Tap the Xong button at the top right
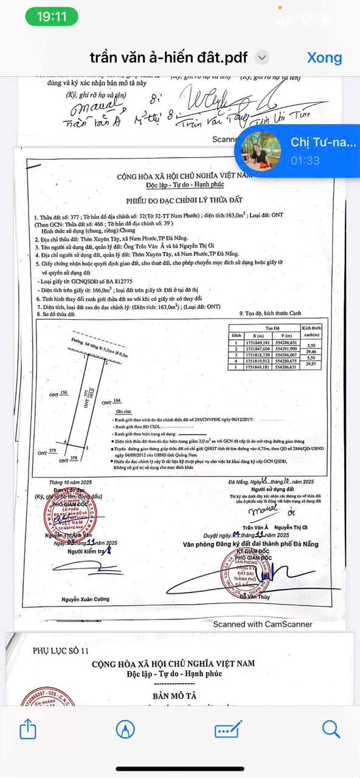[x=324, y=57]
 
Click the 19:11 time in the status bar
[x=52, y=16]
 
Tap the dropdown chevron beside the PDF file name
[x=261, y=58]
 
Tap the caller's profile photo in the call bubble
[x=261, y=150]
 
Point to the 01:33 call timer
[x=305, y=160]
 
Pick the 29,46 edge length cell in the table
[x=311, y=351]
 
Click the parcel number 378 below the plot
[x=74, y=458]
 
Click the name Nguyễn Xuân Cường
[x=86, y=599]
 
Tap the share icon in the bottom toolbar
[x=28, y=729]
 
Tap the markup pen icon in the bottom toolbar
[x=126, y=729]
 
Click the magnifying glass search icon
[x=331, y=729]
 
